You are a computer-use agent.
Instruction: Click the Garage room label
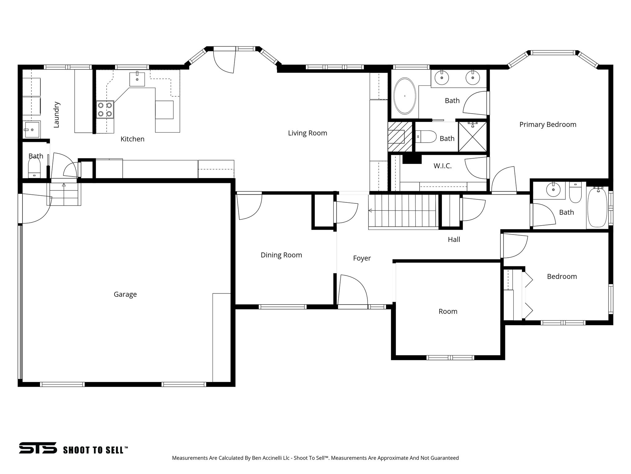click(x=125, y=294)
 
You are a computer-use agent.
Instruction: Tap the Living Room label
click(x=307, y=133)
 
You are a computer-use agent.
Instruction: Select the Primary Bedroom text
click(x=548, y=125)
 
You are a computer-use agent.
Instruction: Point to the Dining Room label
click(x=281, y=255)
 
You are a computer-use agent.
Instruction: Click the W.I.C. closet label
click(x=442, y=166)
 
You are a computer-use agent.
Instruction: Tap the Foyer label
click(x=362, y=258)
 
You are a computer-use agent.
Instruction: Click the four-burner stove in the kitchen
click(x=105, y=110)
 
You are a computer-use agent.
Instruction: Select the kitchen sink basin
click(x=137, y=79)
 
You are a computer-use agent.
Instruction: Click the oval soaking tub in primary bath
click(x=405, y=96)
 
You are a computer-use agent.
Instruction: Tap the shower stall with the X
click(x=472, y=137)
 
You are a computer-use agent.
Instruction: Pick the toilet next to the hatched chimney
click(x=426, y=136)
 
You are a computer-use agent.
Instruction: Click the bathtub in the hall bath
click(x=597, y=207)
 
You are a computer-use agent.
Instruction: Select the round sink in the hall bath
click(x=553, y=190)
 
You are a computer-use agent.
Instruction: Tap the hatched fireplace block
click(x=400, y=136)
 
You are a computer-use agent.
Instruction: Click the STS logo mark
click(x=38, y=448)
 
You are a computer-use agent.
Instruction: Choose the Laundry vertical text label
click(x=56, y=115)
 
